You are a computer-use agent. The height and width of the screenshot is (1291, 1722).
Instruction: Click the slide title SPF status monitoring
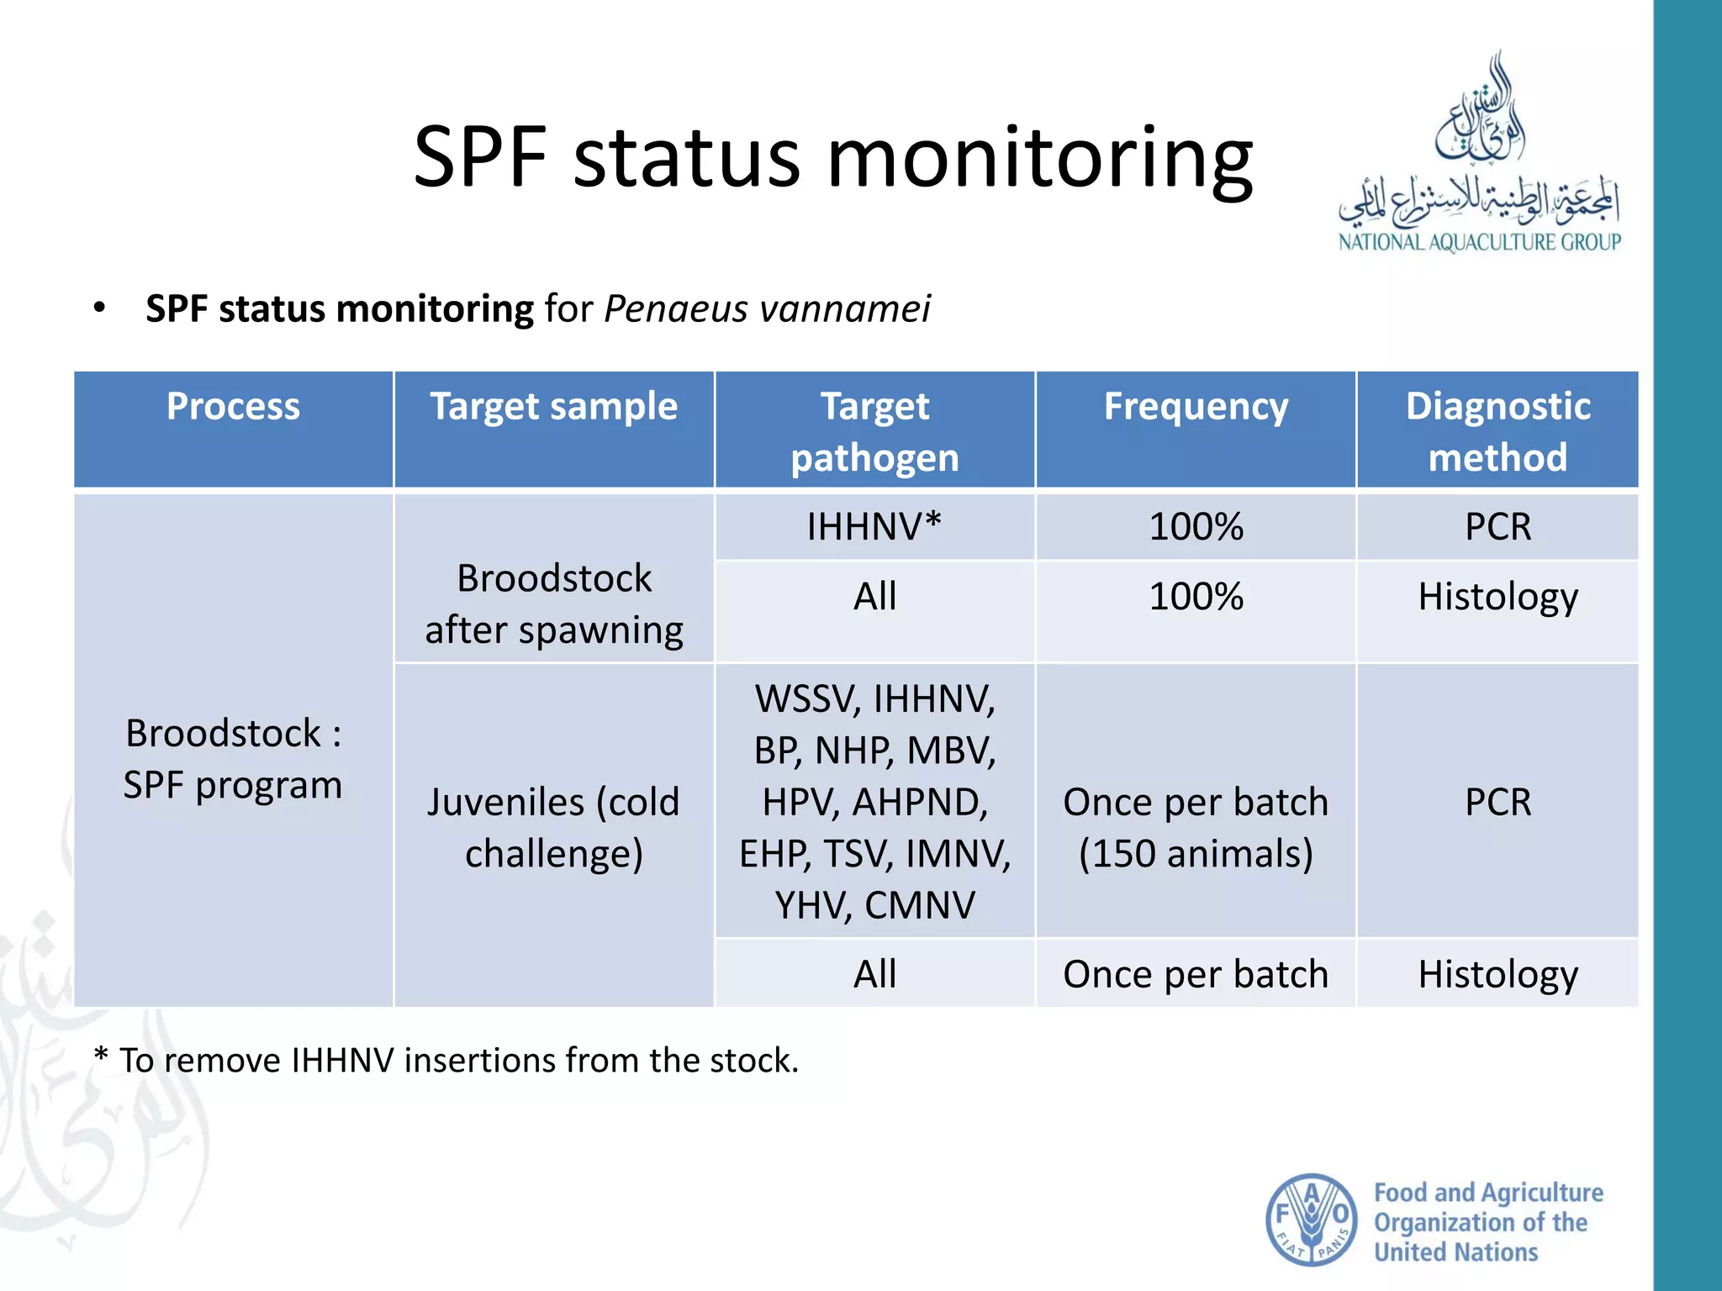(832, 157)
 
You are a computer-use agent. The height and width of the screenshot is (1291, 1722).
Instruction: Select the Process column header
(233, 407)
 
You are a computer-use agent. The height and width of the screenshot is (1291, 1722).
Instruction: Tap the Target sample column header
(553, 407)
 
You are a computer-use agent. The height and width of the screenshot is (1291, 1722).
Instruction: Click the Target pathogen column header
(874, 431)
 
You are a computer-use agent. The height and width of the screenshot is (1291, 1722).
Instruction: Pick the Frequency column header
(1195, 407)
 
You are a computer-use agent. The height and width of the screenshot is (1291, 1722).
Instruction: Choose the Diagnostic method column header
(1497, 431)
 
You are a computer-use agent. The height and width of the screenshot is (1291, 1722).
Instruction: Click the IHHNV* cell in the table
(874, 527)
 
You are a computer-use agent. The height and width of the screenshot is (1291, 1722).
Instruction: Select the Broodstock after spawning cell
(553, 603)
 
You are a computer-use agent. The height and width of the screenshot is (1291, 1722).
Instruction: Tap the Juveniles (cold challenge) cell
(553, 827)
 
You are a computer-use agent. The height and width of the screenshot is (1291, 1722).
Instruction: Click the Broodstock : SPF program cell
(233, 758)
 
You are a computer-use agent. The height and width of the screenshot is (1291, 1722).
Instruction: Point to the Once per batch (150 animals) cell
(1195, 827)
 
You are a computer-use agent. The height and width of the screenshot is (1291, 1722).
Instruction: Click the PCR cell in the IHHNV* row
(1497, 527)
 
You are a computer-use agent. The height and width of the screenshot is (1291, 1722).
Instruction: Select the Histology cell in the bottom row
(1497, 974)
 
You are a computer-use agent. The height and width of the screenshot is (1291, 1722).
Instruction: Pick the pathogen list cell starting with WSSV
(874, 801)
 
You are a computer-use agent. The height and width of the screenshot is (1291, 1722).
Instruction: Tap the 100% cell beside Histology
(1195, 597)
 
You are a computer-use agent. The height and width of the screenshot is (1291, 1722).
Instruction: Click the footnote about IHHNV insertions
(446, 1060)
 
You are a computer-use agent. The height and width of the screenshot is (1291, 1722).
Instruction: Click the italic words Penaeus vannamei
(767, 308)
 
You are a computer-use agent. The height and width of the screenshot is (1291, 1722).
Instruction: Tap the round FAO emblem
(1310, 1220)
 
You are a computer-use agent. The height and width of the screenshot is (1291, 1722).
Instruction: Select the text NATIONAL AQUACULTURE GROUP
(1479, 242)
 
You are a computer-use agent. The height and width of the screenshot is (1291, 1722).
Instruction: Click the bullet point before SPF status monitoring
(100, 308)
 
